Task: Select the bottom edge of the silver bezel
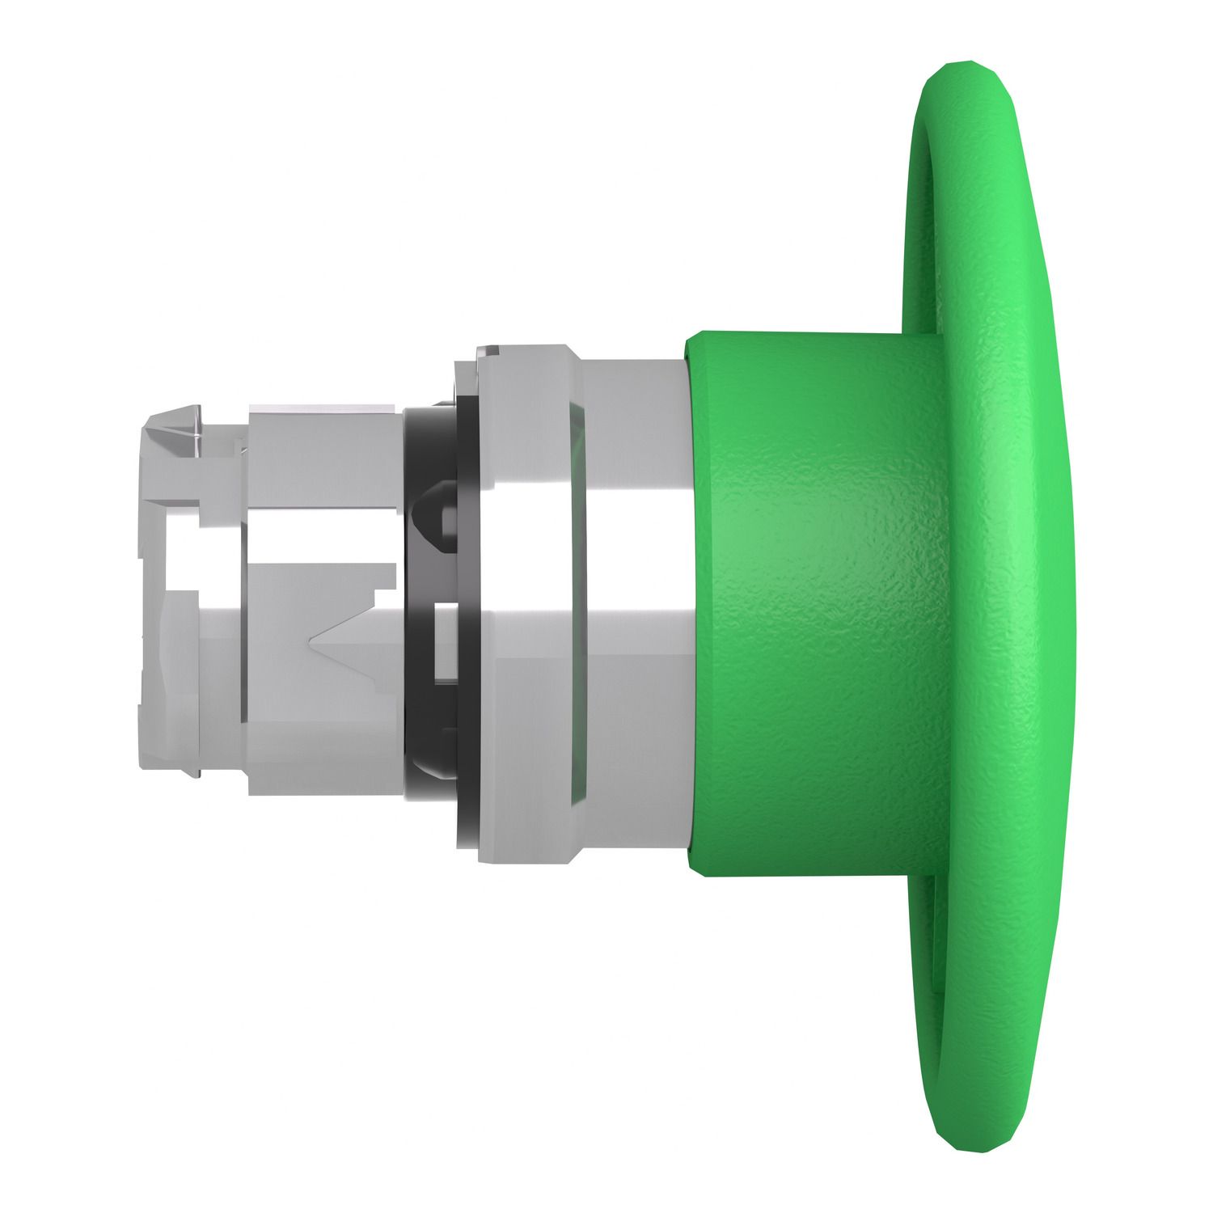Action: point(526,857)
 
